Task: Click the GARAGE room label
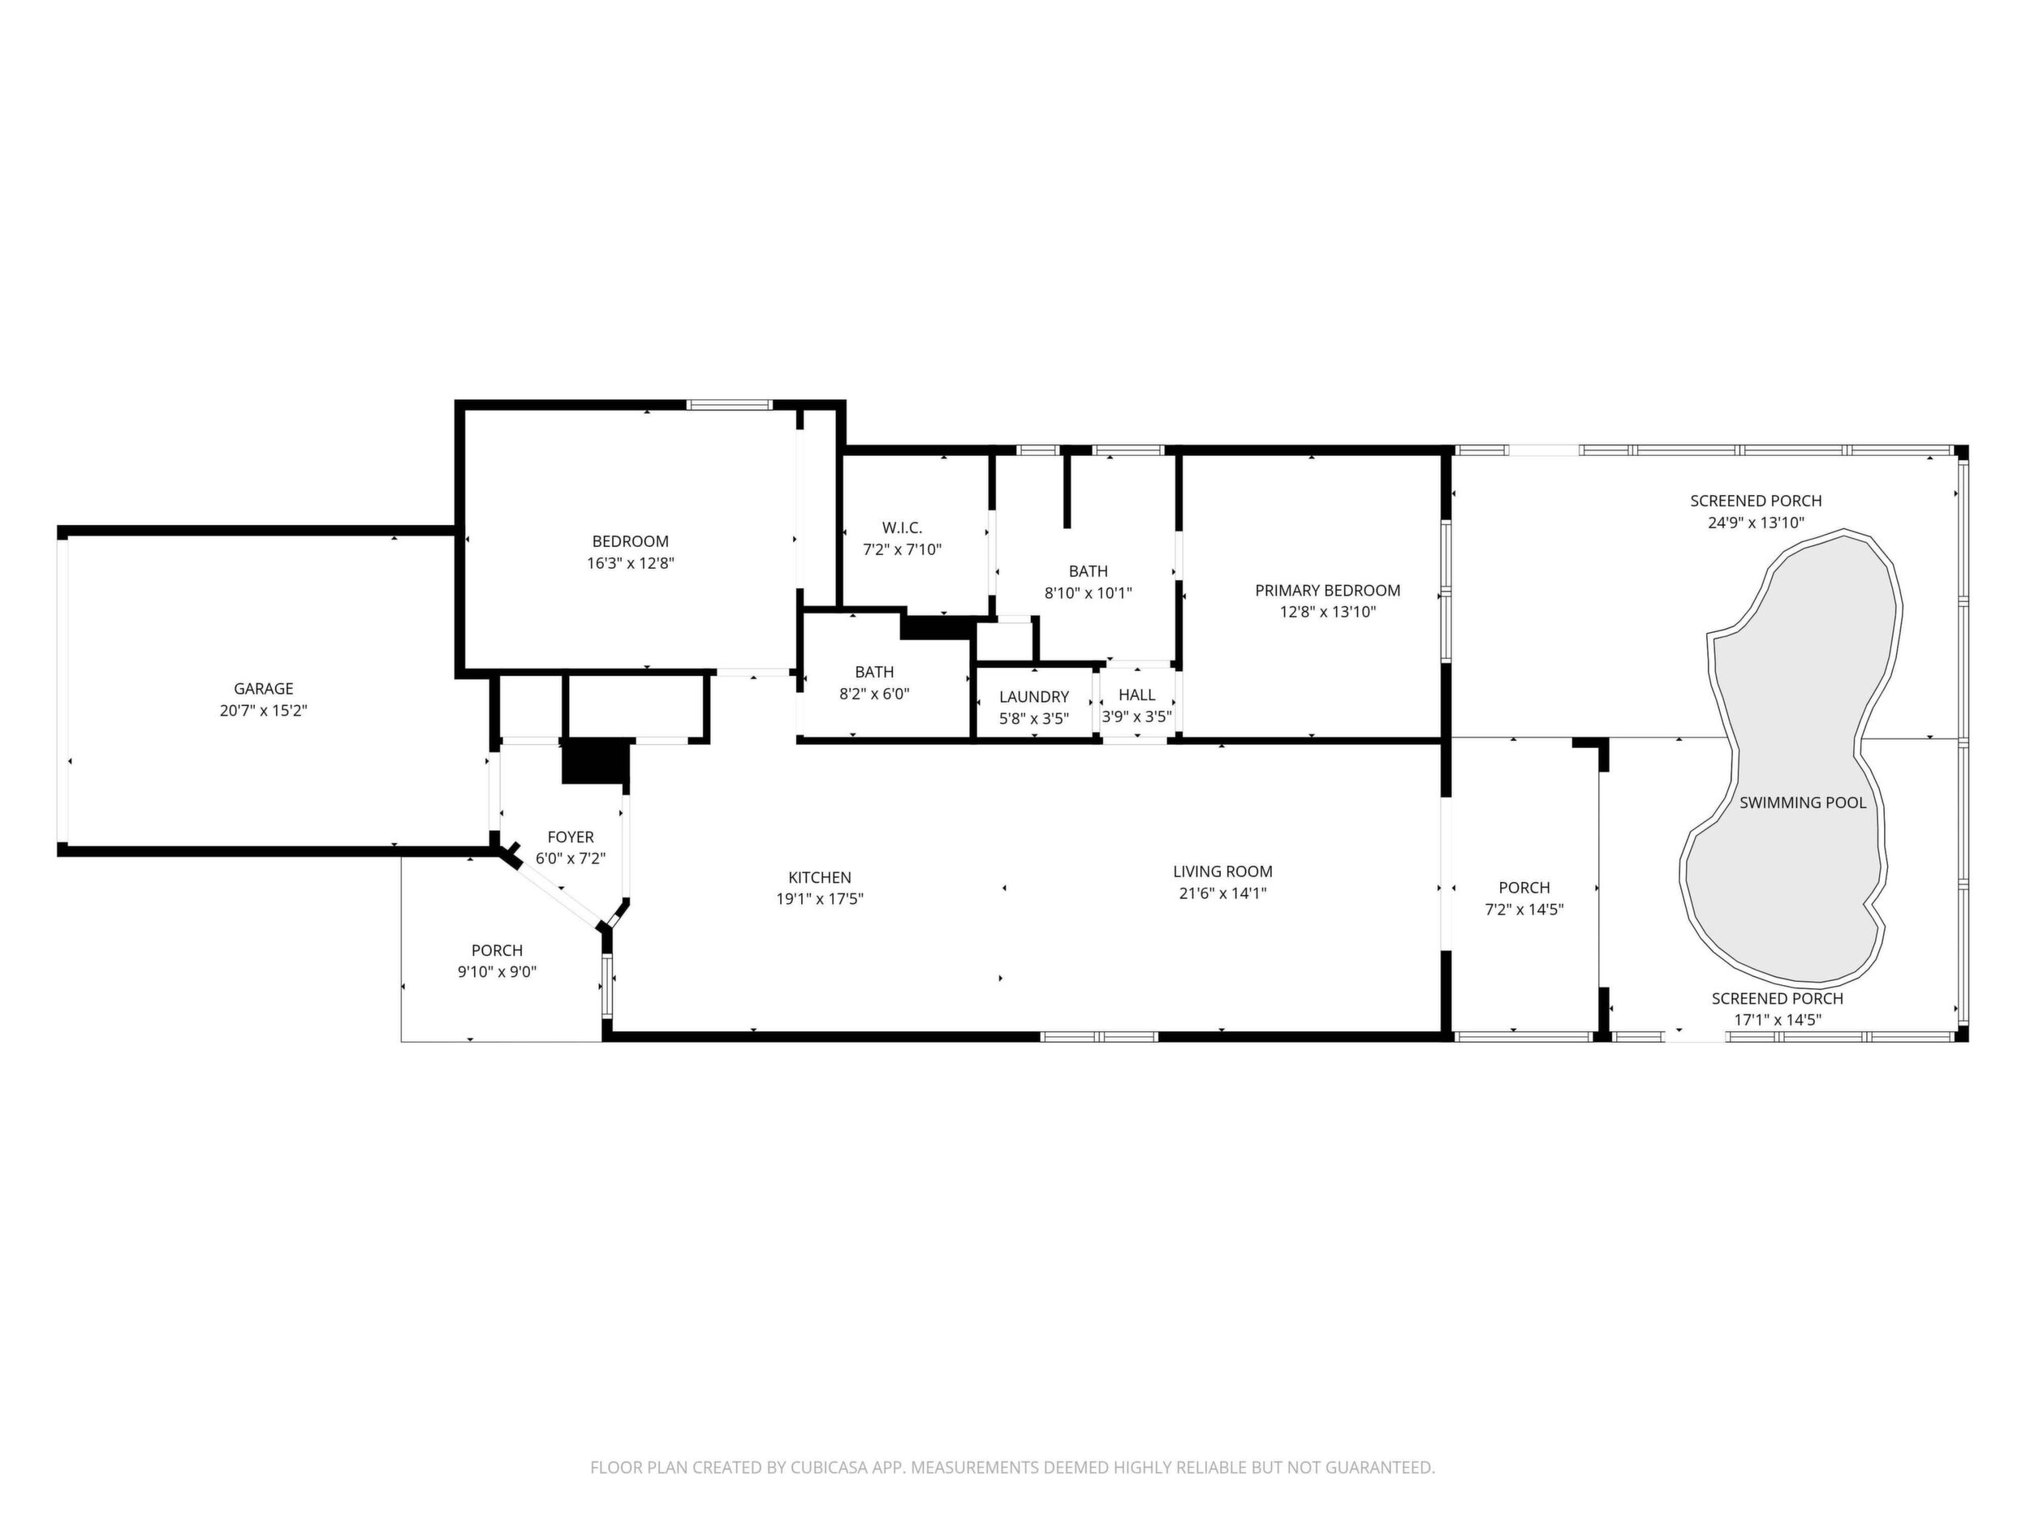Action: tap(264, 689)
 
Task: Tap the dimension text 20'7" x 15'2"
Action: tap(264, 711)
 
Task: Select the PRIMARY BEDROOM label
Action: tap(1328, 591)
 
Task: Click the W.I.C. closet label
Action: tap(902, 528)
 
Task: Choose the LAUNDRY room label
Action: tap(1034, 697)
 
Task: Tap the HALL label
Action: tap(1136, 695)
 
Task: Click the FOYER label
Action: tap(571, 837)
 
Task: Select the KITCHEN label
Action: tap(820, 877)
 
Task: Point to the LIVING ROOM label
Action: tap(1222, 871)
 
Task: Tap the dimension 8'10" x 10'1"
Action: tap(1088, 593)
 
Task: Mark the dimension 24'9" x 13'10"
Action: tap(1756, 523)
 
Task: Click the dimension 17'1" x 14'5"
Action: tap(1778, 1020)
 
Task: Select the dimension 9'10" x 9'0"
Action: tap(498, 972)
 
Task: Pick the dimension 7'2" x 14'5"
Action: tap(1524, 909)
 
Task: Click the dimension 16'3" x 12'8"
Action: tap(631, 563)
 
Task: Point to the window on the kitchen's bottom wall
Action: tap(1099, 1037)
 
